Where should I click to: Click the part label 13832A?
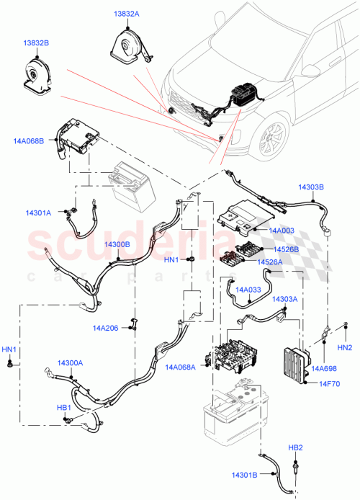click(126, 14)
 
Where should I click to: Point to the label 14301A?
click(37, 213)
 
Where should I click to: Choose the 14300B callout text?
click(116, 245)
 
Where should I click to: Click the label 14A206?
click(105, 328)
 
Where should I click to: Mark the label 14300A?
click(70, 363)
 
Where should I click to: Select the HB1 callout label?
click(64, 408)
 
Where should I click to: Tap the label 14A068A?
click(181, 367)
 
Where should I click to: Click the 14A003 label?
click(282, 230)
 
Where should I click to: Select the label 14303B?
click(311, 187)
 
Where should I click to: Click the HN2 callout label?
click(345, 348)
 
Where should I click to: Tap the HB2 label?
click(296, 447)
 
